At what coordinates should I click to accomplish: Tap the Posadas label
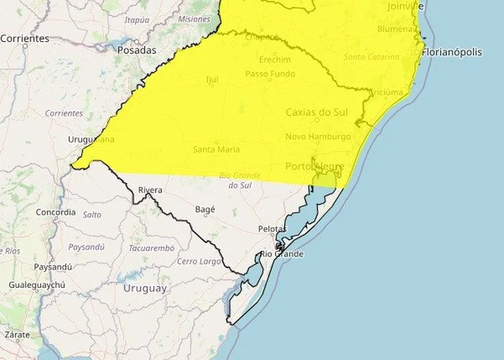point(136,50)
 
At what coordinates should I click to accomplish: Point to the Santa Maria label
point(216,149)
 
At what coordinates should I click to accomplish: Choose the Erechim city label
point(275,60)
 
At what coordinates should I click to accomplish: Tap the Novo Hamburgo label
point(318,136)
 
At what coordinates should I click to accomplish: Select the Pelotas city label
point(272,229)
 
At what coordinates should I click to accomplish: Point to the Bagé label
point(205,210)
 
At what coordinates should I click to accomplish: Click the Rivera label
point(150,190)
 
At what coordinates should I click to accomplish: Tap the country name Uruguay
point(145,288)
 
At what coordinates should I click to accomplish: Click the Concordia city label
point(55,212)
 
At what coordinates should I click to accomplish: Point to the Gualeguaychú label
point(37,285)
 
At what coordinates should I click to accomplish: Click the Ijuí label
point(212,79)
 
